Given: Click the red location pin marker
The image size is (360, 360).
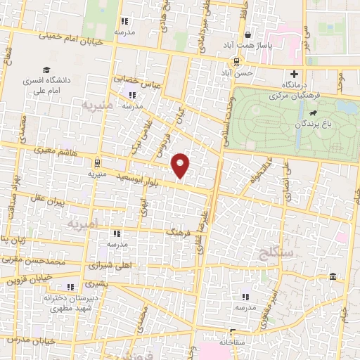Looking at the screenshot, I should [181, 165].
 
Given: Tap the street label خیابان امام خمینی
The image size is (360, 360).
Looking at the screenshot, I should [65, 34].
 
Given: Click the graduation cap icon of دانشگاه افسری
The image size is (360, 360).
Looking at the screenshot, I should [46, 71].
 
